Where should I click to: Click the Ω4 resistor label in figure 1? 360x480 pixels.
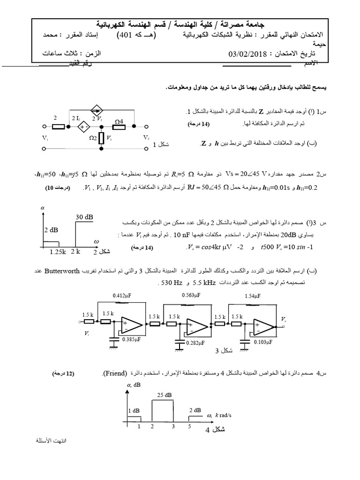119,121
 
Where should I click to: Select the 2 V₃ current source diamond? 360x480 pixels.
96,111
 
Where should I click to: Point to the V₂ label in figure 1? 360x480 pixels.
146,138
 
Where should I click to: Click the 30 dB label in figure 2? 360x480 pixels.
84,217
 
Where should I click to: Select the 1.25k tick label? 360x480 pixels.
58,252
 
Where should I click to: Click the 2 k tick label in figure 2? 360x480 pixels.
75,252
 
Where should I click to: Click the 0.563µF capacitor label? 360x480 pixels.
190,295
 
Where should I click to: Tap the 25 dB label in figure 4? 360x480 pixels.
165,395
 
